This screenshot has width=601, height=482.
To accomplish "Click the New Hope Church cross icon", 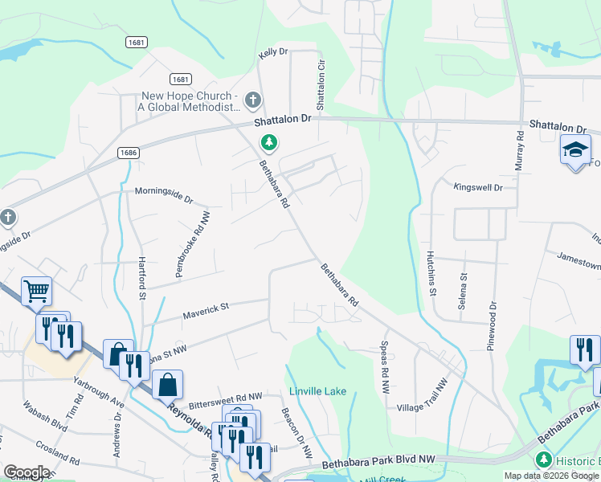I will pos(253,100).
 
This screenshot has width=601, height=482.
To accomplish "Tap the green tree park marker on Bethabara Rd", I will pos(269,143).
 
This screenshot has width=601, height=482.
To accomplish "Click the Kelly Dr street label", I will pos(272,52).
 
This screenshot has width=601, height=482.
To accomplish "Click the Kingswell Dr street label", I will pos(477,187).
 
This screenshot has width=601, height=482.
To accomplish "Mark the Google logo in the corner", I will pos(27,472).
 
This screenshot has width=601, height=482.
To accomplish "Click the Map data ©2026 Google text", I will pos(551,476).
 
